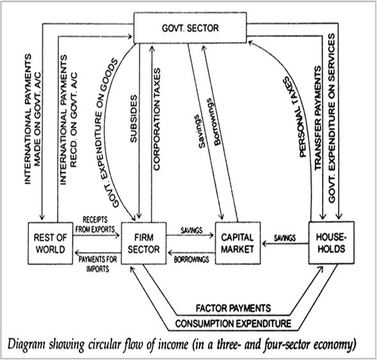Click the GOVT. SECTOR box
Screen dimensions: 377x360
pyautogui.click(x=190, y=28)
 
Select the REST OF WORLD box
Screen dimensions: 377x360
pyautogui.click(x=51, y=243)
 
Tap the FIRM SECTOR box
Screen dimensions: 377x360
pyautogui.click(x=143, y=243)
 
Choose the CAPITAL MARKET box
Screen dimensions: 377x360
pyautogui.click(x=237, y=243)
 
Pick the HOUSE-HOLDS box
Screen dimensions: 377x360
pyautogui.click(x=332, y=243)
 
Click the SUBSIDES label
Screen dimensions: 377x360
pyautogui.click(x=133, y=119)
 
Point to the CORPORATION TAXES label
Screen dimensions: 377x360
pyautogui.click(x=157, y=119)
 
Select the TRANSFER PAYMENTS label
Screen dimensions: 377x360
pyautogui.click(x=317, y=118)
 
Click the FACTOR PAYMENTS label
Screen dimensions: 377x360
pyautogui.click(x=233, y=308)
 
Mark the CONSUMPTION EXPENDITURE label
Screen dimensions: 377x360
pyautogui.click(x=233, y=323)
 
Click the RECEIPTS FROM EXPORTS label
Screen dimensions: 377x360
pyautogui.click(x=95, y=225)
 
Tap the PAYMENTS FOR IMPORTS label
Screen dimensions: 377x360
pyautogui.click(x=98, y=264)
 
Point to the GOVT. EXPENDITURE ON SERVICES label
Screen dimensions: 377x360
pyautogui.click(x=332, y=118)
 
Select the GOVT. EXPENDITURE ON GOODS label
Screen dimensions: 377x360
pyautogui.click(x=105, y=133)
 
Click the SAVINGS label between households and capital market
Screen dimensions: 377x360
pyautogui.click(x=285, y=238)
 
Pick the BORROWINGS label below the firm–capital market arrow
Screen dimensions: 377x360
pyautogui.click(x=191, y=259)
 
